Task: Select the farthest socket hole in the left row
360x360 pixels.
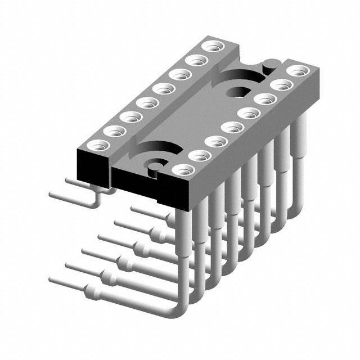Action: click(212, 46)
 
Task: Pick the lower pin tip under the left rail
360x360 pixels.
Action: click(52, 193)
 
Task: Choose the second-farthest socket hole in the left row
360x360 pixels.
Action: click(196, 60)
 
